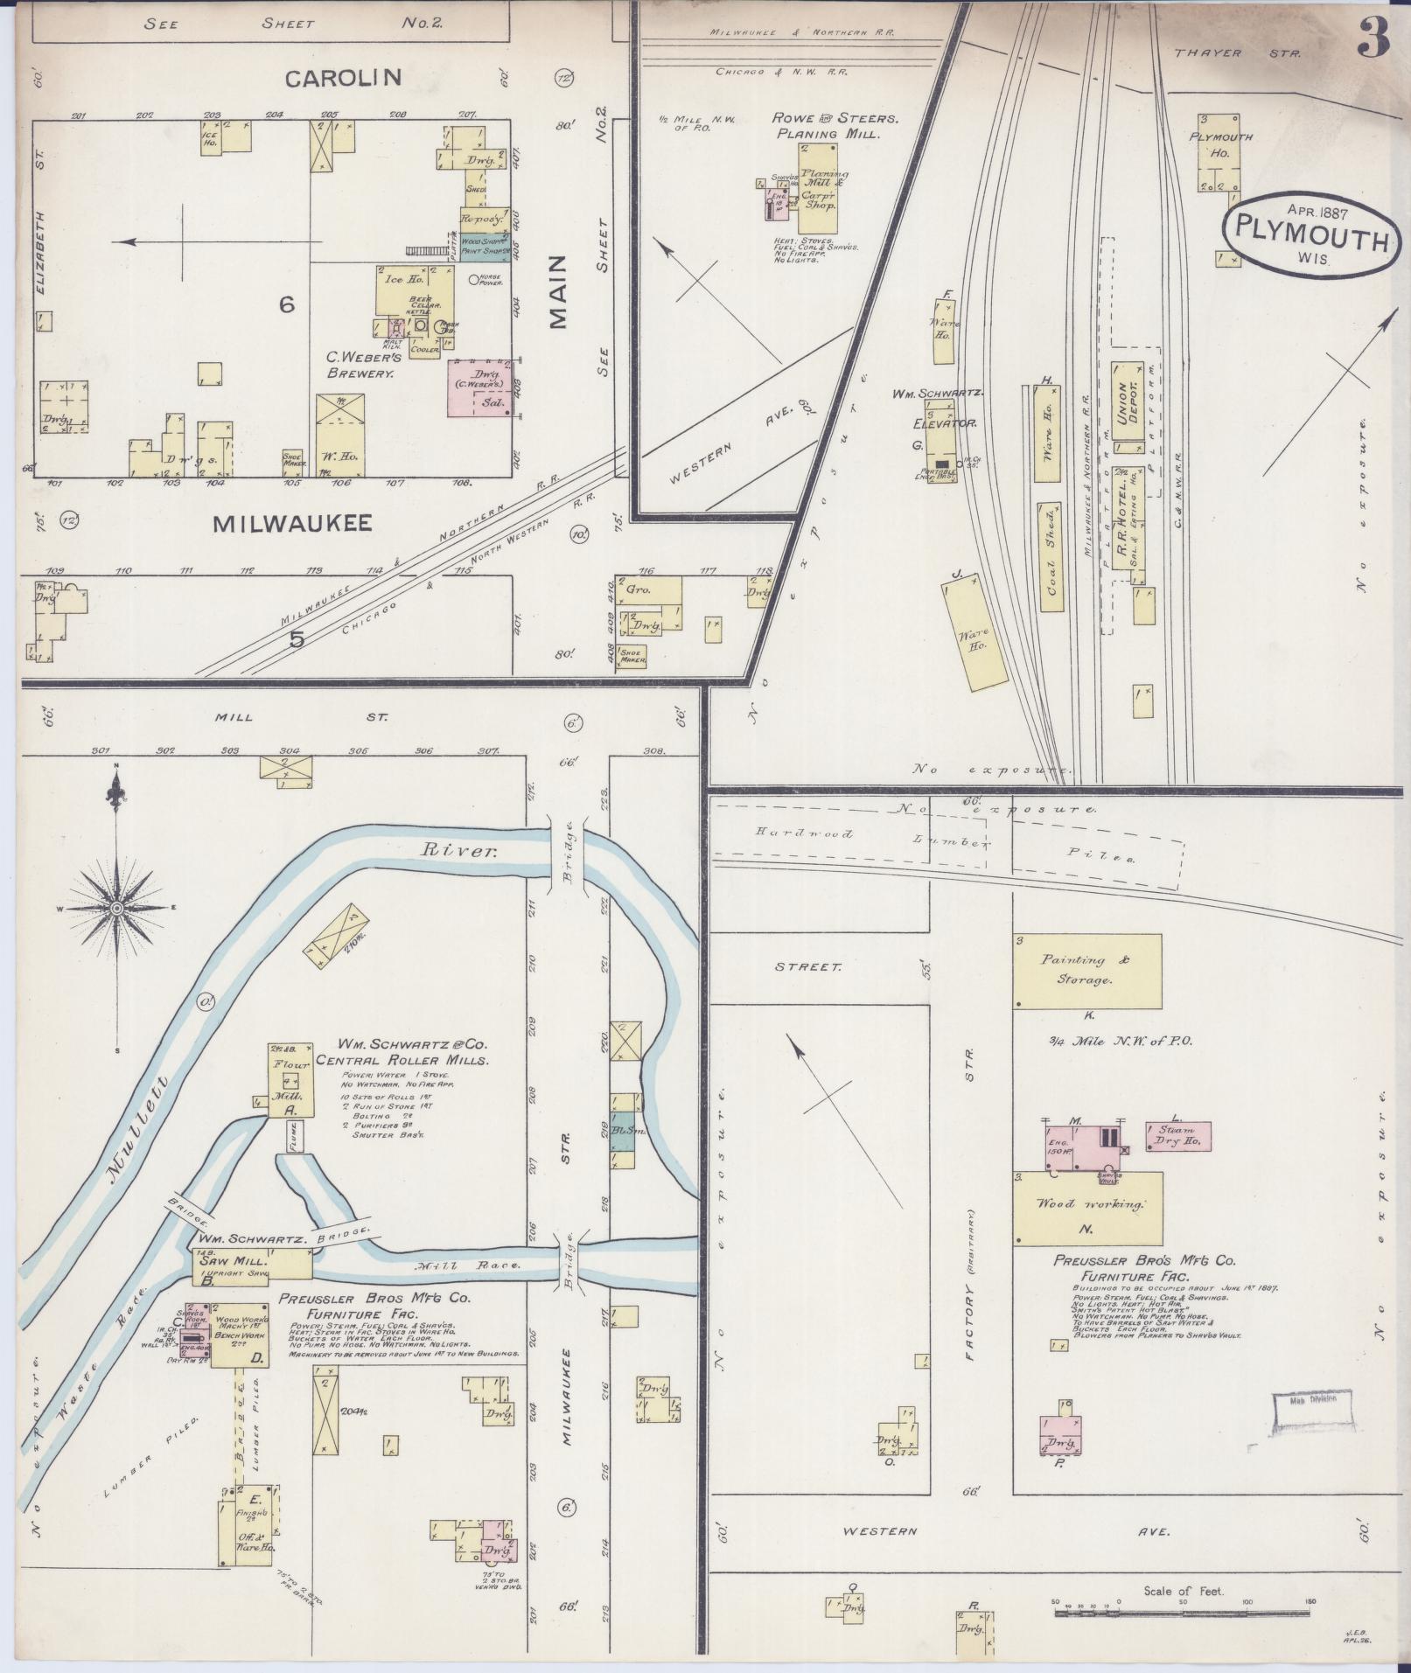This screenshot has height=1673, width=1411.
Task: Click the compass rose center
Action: coord(115,910)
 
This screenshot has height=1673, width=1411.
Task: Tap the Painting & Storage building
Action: coord(1087,971)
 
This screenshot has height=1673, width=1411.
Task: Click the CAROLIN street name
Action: coord(343,78)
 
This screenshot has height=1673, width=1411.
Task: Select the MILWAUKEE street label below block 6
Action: coord(293,523)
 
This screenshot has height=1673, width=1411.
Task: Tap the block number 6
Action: coord(286,304)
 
